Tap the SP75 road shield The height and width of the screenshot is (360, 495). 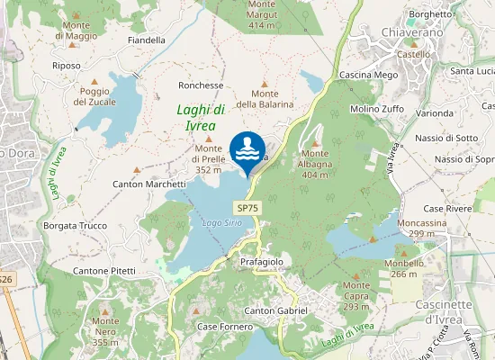(248, 207)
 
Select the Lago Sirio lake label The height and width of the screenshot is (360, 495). (221, 221)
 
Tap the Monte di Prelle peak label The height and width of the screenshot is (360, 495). (209, 164)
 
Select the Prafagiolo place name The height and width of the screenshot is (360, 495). (262, 261)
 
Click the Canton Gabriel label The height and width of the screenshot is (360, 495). (276, 310)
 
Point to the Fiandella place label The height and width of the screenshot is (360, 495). (147, 40)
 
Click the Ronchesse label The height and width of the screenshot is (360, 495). (201, 85)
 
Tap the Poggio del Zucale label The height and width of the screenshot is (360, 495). (94, 96)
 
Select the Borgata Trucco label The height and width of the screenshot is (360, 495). (76, 226)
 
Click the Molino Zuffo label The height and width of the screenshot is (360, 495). (377, 109)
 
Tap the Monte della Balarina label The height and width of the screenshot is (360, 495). (265, 98)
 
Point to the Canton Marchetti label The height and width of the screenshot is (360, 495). (149, 184)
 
